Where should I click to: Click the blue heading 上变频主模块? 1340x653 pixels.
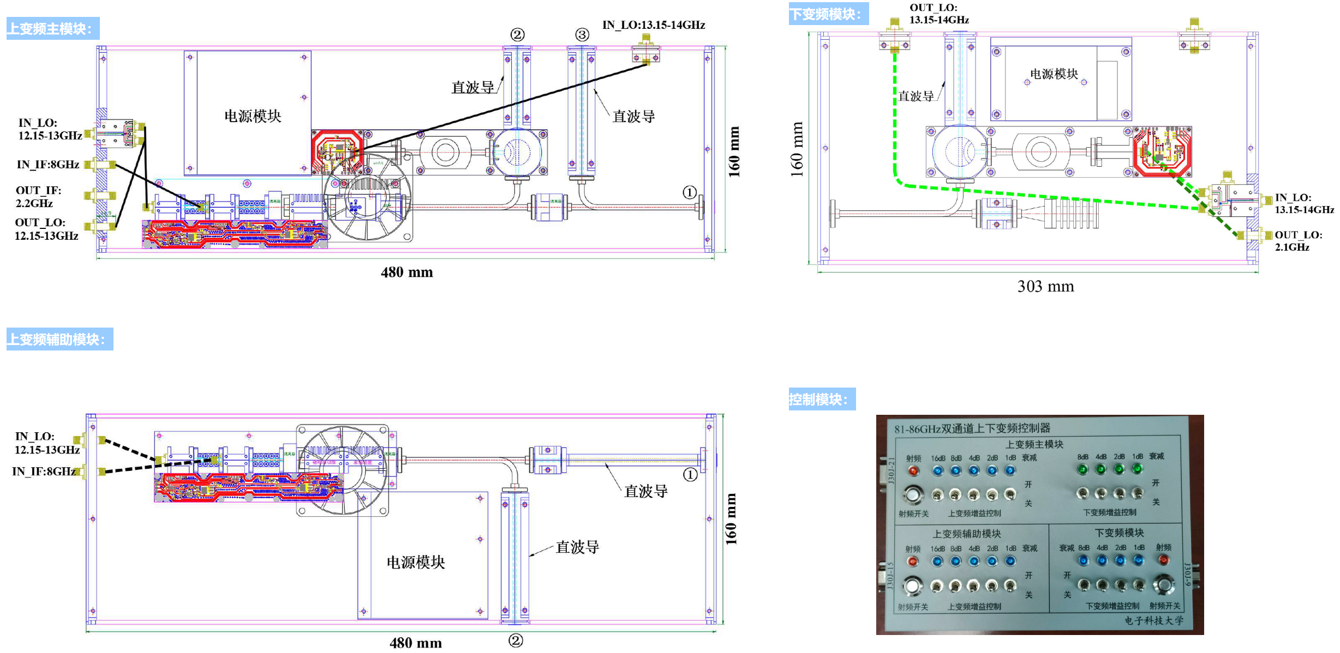tap(52, 28)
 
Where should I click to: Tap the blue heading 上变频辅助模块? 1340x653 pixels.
tap(59, 339)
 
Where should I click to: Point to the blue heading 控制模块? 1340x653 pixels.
tap(822, 399)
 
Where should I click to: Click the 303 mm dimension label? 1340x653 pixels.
tap(1045, 286)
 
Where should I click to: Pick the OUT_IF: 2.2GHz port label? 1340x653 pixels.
tap(38, 197)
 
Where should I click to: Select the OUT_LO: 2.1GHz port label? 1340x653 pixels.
tap(1298, 241)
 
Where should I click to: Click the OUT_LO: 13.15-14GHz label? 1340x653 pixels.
tap(938, 14)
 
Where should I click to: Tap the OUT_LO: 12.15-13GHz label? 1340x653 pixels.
tap(46, 229)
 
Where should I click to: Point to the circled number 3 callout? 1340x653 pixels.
tap(582, 35)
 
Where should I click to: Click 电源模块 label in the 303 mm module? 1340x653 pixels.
tap(1054, 74)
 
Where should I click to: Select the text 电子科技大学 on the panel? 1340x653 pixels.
tap(1154, 620)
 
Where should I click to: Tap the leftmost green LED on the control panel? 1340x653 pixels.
tap(1082, 469)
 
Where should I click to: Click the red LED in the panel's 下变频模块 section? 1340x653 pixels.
tap(1163, 560)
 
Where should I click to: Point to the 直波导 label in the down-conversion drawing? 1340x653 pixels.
tap(916, 96)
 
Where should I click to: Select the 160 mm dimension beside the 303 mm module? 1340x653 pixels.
tap(797, 149)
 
